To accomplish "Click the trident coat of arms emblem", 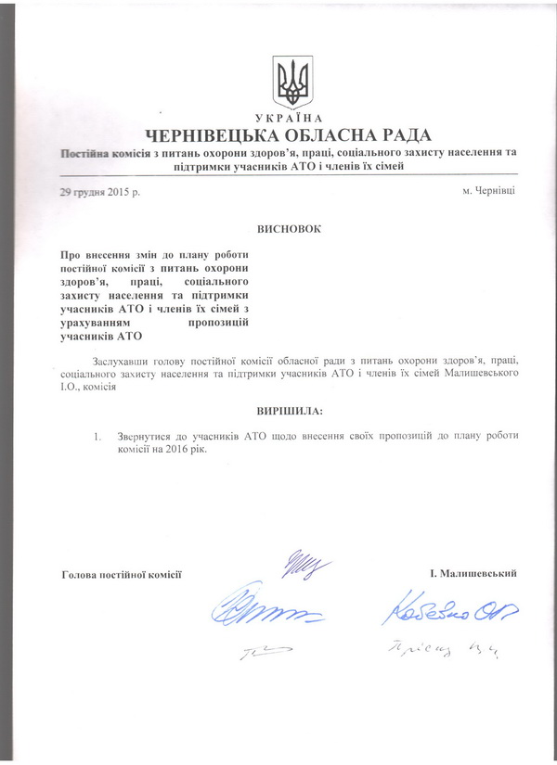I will click(x=295, y=83).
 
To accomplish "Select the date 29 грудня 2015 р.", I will click(x=98, y=191).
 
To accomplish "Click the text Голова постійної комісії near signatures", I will click(x=120, y=575).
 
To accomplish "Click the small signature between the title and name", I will click(x=297, y=563).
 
